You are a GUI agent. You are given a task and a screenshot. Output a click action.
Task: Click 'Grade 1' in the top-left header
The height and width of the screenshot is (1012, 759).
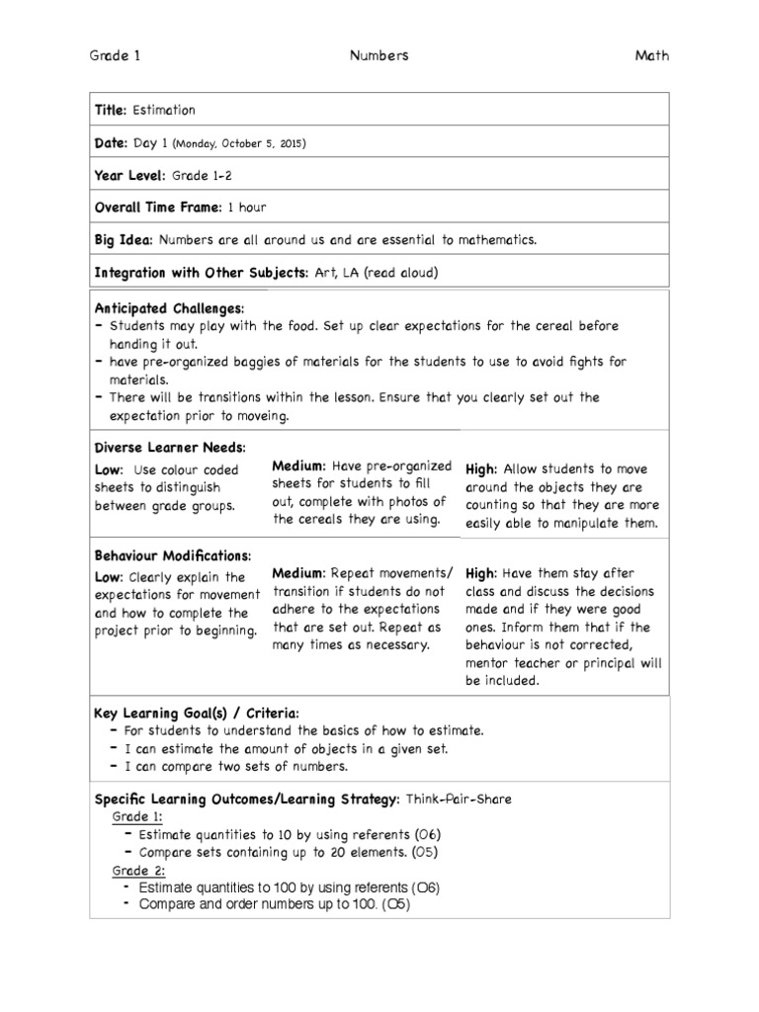point(115,56)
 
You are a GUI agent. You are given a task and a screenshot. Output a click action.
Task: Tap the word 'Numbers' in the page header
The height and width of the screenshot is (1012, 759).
point(379,56)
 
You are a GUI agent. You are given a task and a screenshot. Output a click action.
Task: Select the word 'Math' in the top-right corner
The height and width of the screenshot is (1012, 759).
point(651,56)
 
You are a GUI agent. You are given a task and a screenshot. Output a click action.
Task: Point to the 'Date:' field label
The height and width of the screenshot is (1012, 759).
point(111,143)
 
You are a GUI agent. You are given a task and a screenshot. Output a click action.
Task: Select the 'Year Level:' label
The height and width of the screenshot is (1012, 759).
point(129,176)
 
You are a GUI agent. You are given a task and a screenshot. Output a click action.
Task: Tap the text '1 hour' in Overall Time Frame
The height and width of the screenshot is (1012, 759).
point(246,208)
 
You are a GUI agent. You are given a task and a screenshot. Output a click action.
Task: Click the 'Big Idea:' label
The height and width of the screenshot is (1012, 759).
point(124,240)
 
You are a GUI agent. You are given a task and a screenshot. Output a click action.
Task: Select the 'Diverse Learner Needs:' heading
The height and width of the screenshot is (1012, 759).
point(169,447)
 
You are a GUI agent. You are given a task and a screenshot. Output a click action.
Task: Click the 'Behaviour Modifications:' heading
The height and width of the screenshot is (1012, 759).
point(173,554)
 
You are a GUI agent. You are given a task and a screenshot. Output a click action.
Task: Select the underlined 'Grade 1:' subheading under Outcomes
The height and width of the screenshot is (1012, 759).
point(136,816)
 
